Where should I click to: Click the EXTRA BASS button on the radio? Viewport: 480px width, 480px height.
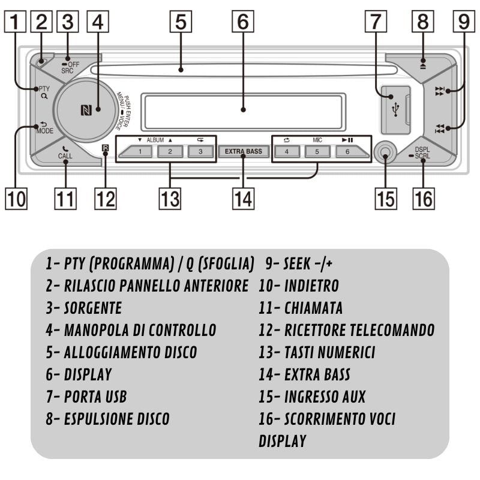coord(243,151)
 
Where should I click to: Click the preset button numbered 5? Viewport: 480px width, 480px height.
coord(317,151)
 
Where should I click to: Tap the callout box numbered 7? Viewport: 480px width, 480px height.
coord(376,22)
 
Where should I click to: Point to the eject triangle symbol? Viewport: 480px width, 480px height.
coord(424,61)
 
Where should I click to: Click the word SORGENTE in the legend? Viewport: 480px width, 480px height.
coord(92,308)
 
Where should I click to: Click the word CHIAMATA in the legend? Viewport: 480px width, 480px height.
coord(313,308)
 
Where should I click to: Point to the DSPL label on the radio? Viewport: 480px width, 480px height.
coord(423,149)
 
